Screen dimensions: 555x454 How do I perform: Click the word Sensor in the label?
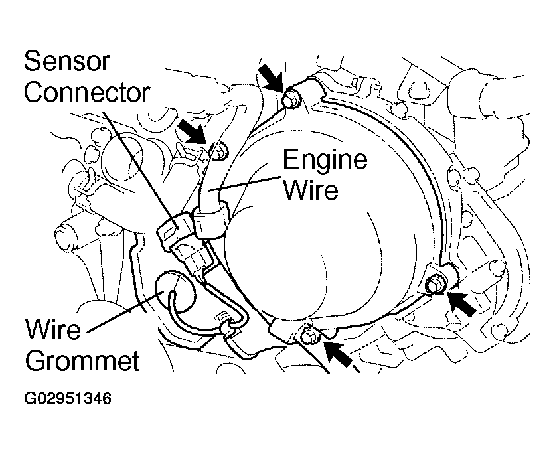(x=67, y=61)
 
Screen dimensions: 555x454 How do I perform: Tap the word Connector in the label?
(x=87, y=92)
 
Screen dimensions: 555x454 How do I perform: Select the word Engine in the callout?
(x=325, y=159)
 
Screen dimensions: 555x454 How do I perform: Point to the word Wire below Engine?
(x=311, y=190)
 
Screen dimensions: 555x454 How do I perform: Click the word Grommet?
(x=82, y=360)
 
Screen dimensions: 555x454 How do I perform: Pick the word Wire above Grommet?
(x=52, y=329)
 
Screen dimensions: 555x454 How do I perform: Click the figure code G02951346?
(x=68, y=398)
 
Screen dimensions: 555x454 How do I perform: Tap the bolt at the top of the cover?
(x=291, y=100)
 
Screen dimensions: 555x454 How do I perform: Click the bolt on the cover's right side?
(x=436, y=284)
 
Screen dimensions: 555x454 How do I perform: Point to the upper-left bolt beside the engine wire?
(x=221, y=152)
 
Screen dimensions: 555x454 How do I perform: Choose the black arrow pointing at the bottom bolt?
(x=339, y=355)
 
